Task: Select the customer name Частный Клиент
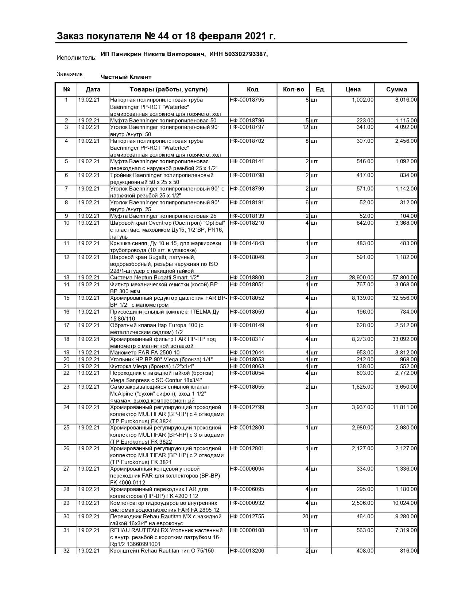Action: click(x=126, y=77)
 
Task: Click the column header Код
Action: click(x=252, y=89)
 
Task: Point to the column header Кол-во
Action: click(x=293, y=89)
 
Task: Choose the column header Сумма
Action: click(x=396, y=89)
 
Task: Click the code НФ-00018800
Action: click(x=247, y=278)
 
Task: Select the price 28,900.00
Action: click(x=361, y=278)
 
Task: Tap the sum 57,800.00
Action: click(x=404, y=278)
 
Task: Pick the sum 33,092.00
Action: click(x=404, y=339)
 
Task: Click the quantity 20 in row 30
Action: click(x=305, y=516)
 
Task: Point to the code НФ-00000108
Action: click(x=247, y=530)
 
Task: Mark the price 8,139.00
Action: click(x=363, y=298)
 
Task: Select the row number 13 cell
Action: click(x=66, y=278)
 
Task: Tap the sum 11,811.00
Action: click(x=404, y=407)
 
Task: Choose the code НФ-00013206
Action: click(x=247, y=551)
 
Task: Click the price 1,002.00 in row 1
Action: click(x=363, y=100)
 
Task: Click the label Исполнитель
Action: click(x=77, y=58)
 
